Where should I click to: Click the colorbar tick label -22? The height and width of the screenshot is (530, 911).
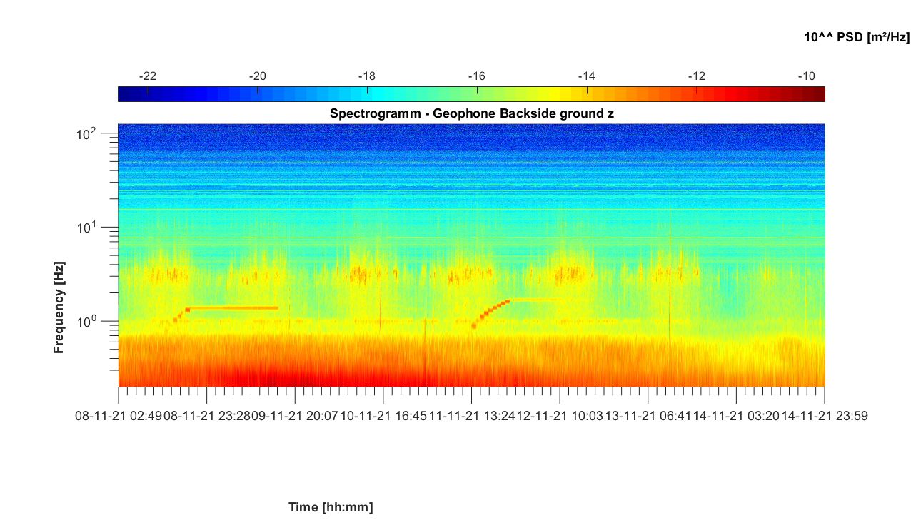147,76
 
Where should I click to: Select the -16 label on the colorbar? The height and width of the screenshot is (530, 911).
477,76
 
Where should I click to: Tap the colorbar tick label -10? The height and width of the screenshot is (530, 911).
807,76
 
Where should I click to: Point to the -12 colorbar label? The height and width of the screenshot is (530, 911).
697,76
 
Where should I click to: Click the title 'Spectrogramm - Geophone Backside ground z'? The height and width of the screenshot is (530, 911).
471,113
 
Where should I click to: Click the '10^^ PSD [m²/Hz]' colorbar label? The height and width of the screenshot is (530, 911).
857,37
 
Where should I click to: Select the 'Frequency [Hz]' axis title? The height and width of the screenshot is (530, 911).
59,306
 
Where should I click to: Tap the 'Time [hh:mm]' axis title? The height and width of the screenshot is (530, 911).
331,507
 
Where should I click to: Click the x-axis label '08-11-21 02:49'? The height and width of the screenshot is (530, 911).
118,416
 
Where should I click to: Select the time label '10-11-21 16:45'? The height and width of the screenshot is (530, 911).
383,416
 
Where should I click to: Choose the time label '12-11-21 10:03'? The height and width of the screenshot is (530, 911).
560,416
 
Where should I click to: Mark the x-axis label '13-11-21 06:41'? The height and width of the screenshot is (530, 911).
648,416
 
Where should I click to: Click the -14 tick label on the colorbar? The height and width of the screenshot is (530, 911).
587,76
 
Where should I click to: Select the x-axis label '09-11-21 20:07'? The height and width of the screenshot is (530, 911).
295,416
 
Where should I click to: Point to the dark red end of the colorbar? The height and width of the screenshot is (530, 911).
818,94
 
